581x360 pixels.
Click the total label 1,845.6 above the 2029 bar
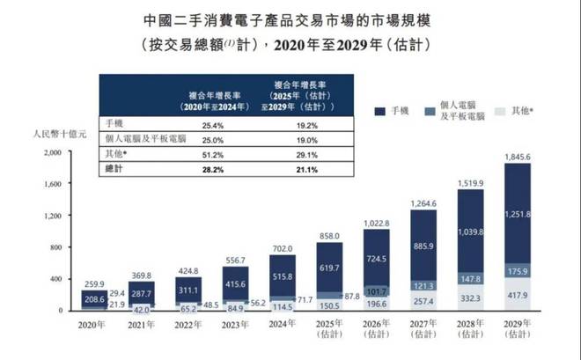[518, 157]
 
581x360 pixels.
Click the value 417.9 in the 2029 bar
[518, 296]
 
